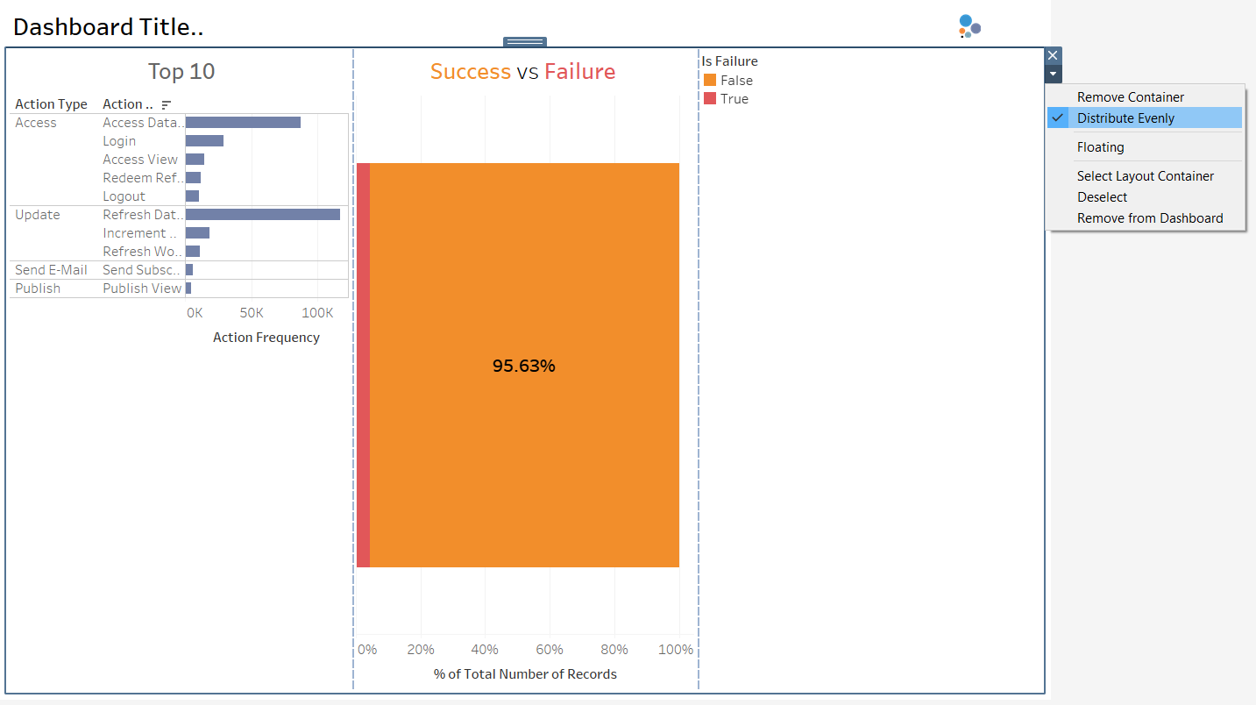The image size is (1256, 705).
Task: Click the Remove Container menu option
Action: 1131,97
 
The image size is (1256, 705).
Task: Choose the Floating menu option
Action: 1100,147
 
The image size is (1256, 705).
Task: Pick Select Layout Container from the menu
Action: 1145,176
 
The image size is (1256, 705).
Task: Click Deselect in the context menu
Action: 1102,197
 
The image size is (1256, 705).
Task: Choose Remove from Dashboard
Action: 1149,218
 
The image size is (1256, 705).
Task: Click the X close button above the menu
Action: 1053,55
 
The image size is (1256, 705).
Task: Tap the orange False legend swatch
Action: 710,81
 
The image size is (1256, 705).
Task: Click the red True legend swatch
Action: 710,99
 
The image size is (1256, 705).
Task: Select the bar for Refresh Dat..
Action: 262,215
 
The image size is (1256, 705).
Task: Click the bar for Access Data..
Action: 243,123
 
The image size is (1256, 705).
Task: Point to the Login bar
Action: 204,141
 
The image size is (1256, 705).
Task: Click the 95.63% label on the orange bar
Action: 523,367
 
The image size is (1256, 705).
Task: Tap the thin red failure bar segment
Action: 363,365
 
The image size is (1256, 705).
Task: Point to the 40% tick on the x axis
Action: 485,650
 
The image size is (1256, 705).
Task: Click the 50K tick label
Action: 252,313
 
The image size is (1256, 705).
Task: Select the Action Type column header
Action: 51,104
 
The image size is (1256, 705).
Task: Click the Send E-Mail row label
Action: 51,270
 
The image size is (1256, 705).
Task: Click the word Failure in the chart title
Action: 579,72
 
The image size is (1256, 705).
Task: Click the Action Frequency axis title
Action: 266,338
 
